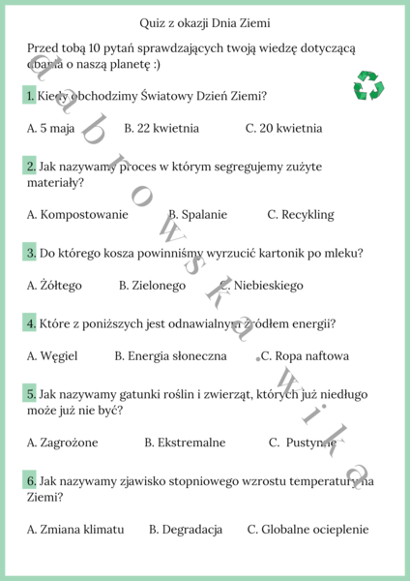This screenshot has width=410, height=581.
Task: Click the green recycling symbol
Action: point(369,86)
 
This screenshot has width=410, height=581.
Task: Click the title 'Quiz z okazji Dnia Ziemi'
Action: point(204,21)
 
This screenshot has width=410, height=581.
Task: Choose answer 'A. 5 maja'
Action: point(50,128)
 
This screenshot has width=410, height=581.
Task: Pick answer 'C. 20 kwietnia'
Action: point(283,128)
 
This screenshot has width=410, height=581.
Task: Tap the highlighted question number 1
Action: point(31,96)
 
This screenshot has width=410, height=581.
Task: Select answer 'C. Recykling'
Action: point(301,214)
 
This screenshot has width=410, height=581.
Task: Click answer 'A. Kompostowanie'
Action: point(77,214)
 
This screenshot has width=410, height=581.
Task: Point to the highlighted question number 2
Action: point(31,166)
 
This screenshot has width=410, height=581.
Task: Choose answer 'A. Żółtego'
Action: point(54,286)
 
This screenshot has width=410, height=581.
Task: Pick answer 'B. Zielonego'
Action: point(152,286)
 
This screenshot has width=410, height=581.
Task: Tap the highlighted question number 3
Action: point(31,253)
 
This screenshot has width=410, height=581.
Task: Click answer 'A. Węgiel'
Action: point(52,356)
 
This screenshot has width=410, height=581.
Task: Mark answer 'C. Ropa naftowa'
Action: point(306,356)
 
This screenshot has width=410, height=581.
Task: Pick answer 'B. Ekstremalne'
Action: point(185,443)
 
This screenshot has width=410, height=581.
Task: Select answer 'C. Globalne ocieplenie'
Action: point(308,530)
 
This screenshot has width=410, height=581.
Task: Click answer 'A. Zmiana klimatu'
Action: point(75,530)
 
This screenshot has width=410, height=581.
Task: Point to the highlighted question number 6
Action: point(31,480)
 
